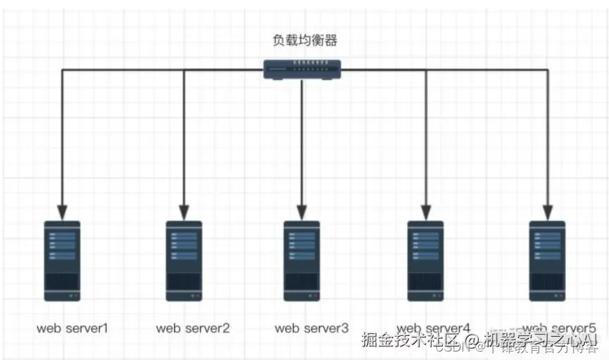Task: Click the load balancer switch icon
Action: coord(302,69)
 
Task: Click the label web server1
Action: coord(72,327)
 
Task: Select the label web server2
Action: coord(192,327)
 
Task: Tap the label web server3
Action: coord(311,327)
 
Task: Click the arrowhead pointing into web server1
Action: coord(62,211)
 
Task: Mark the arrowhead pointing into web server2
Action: coord(184,211)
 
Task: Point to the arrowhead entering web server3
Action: coord(302,211)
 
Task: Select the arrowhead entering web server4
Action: coord(426,211)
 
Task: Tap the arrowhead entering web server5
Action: coord(547,211)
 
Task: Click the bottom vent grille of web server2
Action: coord(184,283)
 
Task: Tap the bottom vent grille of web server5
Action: coord(547,283)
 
